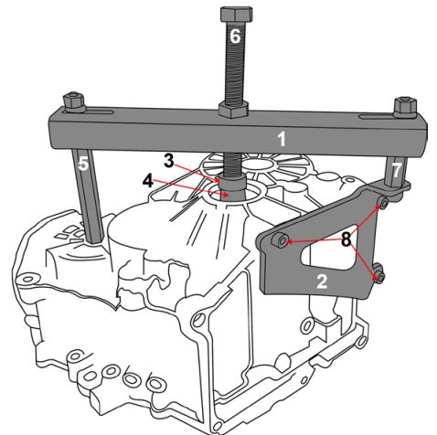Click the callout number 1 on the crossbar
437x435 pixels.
pos(282,139)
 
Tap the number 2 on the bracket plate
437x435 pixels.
pos(322,281)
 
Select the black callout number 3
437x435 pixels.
pos(168,161)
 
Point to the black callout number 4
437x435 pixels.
pos(148,182)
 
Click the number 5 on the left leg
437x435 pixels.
pos(83,164)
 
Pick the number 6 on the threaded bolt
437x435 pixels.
pos(235,37)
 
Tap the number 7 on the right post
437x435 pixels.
pos(396,170)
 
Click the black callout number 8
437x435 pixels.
pos(346,239)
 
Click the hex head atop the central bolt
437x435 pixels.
pos(236,15)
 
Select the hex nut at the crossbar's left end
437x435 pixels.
pos(74,102)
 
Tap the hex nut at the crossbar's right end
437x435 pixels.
pos(405,108)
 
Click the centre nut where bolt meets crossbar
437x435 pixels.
pos(233,110)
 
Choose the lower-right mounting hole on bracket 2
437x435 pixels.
pos(380,277)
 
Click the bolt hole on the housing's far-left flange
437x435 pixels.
pos(28,279)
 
